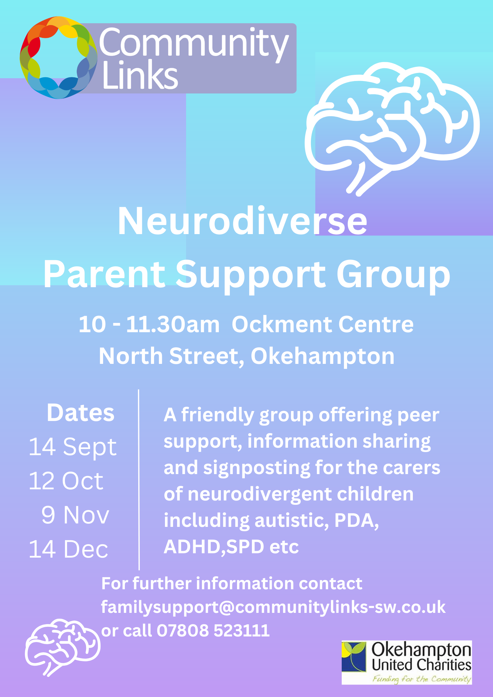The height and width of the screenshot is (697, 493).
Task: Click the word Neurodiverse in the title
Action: pos(242,221)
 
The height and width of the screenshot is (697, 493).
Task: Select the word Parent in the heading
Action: pos(104,274)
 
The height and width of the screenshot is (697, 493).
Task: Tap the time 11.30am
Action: pos(173,324)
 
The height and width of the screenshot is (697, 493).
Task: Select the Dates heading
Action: pos(81,413)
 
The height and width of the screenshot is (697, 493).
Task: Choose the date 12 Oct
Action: pos(66,481)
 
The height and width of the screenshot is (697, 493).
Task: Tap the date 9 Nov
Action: pos(75,515)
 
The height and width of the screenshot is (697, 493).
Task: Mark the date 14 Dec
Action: pos(68,549)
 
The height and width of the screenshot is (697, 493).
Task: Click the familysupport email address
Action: pos(273,607)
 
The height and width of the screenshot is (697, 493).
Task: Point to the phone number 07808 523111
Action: pos(213,631)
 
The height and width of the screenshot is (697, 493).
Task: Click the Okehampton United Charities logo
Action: pos(407,663)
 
